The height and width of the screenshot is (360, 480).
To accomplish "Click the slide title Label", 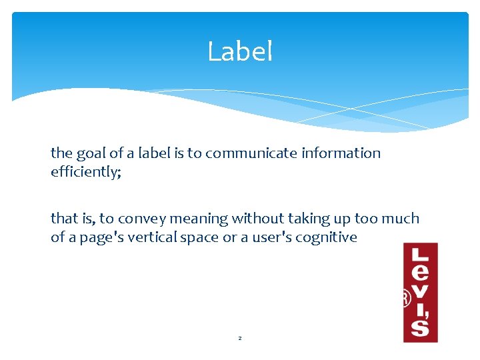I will click(x=240, y=51).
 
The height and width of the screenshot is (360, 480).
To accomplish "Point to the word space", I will click(x=201, y=237).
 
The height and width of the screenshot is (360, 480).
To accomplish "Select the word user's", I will click(x=273, y=237).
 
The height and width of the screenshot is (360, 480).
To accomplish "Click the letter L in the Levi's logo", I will click(x=421, y=254).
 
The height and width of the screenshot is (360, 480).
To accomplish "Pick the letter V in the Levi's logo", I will click(x=421, y=291).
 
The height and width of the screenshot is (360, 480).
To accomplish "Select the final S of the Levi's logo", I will click(x=421, y=327).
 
